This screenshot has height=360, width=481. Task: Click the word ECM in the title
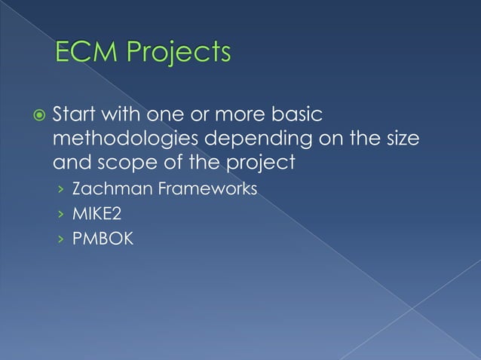point(86,53)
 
